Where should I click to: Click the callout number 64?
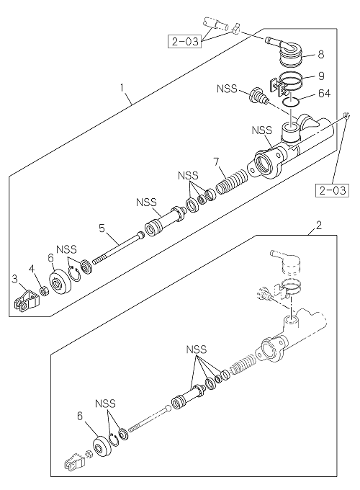point(324,94)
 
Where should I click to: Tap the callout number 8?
point(321,55)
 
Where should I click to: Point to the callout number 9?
point(321,76)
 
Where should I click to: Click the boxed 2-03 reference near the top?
point(185,42)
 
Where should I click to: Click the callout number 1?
point(122,87)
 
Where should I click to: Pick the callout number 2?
point(318,226)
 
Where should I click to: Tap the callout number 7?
point(216,162)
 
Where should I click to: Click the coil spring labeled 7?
point(232,182)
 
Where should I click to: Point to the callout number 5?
point(102,228)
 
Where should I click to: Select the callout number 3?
point(14,278)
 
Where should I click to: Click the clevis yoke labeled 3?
point(27,301)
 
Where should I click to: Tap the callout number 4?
point(32,269)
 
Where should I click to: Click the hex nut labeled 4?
point(45,292)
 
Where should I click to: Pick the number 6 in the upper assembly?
point(51,258)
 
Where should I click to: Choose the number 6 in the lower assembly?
point(80,416)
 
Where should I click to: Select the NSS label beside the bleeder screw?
point(228,89)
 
